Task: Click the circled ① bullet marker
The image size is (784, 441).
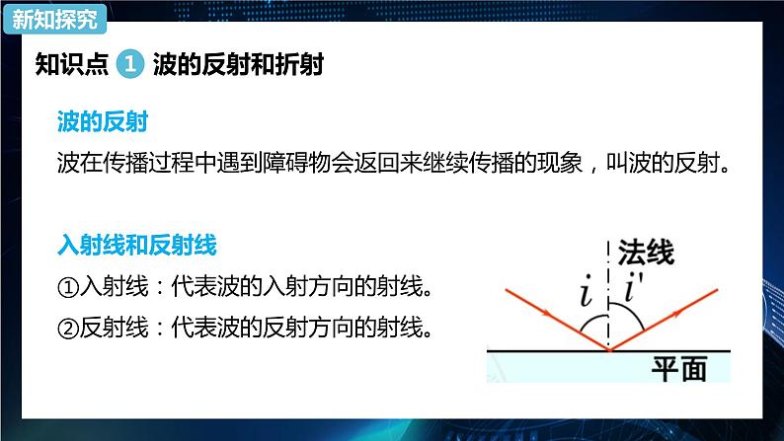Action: [x=68, y=287]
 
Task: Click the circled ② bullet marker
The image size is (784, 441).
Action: [x=68, y=326]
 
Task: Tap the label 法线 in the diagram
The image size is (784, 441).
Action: [x=647, y=255]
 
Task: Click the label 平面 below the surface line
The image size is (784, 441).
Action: [x=679, y=368]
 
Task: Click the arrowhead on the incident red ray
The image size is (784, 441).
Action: [x=556, y=319]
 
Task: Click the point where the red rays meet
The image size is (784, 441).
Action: [x=609, y=348]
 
